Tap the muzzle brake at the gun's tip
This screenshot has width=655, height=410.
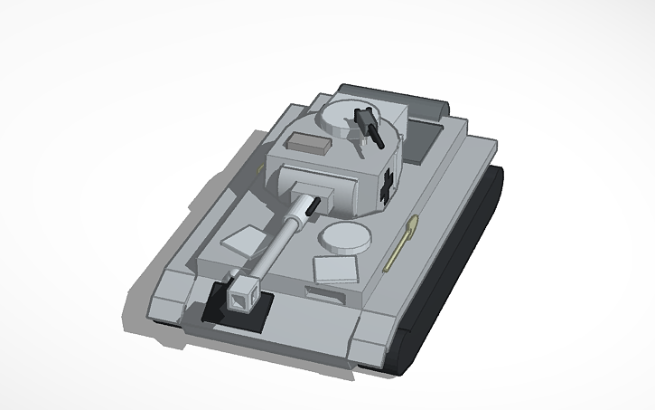pos(243,292)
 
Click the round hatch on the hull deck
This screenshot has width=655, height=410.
pos(344,237)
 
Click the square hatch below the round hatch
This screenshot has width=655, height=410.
pos(336,269)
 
